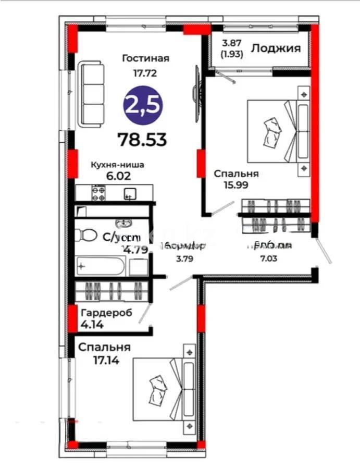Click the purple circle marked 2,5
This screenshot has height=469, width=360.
143,105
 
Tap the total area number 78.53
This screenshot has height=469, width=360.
142,139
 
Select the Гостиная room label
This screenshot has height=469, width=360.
139,58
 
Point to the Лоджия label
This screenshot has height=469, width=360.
276,48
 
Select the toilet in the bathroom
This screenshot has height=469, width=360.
86,236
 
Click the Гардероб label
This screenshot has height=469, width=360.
106,313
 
